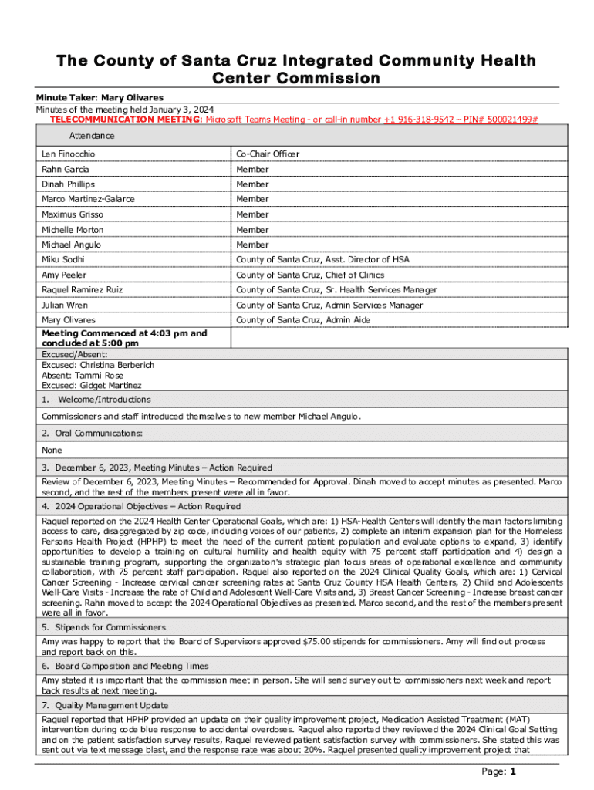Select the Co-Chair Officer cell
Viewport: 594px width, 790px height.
tap(268, 154)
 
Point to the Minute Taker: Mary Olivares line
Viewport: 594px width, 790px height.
tap(100, 98)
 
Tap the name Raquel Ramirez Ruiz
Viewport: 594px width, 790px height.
tap(82, 290)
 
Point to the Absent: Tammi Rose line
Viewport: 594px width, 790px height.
tap(79, 375)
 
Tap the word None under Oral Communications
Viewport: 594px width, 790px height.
tap(52, 451)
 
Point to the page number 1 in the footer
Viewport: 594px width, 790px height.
tap(512, 771)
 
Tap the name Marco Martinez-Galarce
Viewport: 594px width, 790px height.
tap(88, 199)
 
